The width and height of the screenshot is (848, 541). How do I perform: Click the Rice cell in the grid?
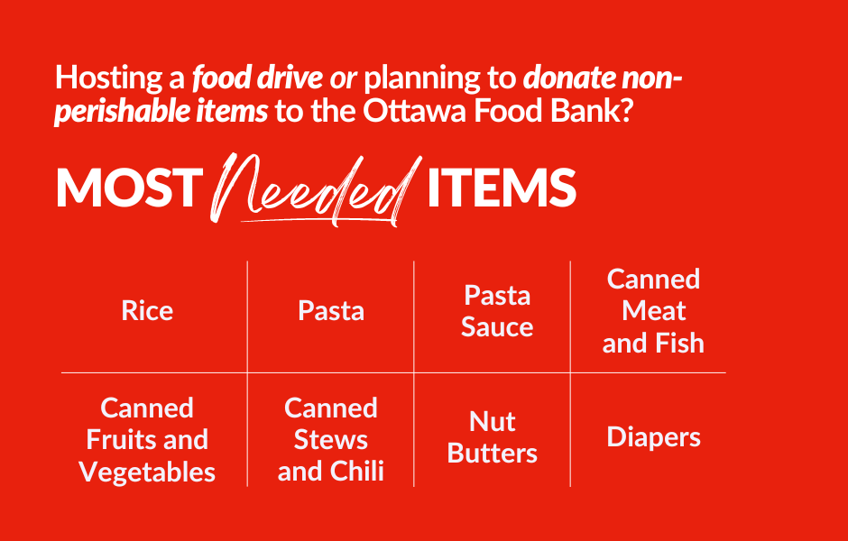click(147, 311)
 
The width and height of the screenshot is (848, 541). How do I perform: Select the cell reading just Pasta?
click(331, 311)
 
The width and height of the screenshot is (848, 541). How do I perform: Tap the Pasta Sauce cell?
click(497, 311)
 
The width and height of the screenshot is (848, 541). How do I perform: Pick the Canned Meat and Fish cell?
click(653, 311)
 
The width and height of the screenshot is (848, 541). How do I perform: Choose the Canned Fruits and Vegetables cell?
click(147, 439)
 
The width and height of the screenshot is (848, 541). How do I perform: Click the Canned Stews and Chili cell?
click(331, 439)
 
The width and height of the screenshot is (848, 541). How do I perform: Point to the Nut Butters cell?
click(493, 437)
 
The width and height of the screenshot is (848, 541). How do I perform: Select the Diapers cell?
click(653, 437)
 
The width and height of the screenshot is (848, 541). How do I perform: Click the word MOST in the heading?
click(125, 188)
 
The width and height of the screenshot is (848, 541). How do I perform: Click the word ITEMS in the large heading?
click(501, 188)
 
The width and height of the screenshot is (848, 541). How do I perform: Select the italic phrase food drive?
click(257, 78)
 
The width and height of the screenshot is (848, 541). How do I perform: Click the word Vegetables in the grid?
click(147, 472)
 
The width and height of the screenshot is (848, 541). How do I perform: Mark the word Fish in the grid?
click(678, 344)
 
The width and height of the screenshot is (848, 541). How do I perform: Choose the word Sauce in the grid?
click(497, 327)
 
